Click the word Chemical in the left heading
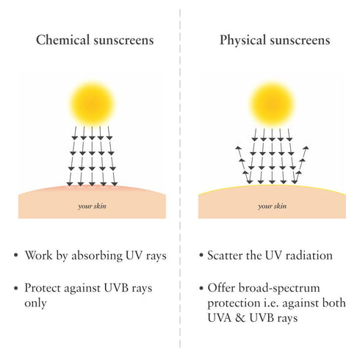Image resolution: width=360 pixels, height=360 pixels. pyautogui.click(x=62, y=40)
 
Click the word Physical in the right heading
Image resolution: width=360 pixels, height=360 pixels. pyautogui.click(x=242, y=40)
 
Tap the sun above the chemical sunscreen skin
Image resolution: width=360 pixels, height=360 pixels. pyautogui.click(x=93, y=104)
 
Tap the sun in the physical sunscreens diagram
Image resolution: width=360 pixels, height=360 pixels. pyautogui.click(x=272, y=104)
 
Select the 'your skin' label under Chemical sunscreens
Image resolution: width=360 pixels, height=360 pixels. pyautogui.click(x=92, y=206)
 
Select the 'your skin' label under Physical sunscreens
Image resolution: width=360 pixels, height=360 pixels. pyautogui.click(x=272, y=206)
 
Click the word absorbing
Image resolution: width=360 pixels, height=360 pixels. pyautogui.click(x=97, y=256)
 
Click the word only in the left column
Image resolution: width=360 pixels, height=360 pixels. pyautogui.click(x=35, y=303)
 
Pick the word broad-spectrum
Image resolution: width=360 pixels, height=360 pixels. pyautogui.click(x=279, y=288)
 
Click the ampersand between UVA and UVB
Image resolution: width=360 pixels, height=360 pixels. pyautogui.click(x=240, y=318)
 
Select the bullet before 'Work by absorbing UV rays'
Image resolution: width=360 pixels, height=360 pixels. pyautogui.click(x=16, y=255)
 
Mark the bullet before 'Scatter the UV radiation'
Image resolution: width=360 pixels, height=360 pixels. pyautogui.click(x=201, y=255)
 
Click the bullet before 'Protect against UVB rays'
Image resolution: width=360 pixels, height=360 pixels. pyautogui.click(x=16, y=288)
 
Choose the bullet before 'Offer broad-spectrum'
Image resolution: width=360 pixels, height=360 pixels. pyautogui.click(x=201, y=288)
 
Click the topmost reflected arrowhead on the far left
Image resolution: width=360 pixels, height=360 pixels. pyautogui.click(x=237, y=148)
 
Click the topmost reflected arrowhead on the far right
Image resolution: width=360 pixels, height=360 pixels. pyautogui.click(x=306, y=148)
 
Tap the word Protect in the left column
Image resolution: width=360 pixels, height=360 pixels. pyautogui.click(x=43, y=288)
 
